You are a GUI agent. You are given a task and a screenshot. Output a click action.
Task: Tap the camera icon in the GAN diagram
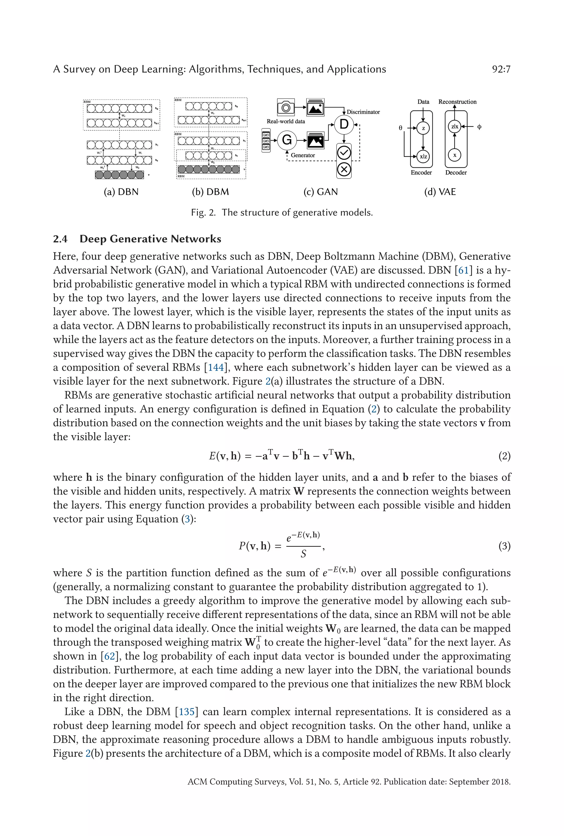(286, 107)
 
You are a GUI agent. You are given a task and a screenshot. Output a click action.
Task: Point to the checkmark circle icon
(344, 153)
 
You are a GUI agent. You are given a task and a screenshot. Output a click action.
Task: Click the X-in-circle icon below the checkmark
(344, 169)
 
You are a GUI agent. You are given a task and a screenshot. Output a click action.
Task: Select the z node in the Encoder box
(423, 128)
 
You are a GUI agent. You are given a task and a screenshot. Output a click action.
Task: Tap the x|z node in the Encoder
(423, 156)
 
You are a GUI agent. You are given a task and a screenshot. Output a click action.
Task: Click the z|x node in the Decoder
(454, 126)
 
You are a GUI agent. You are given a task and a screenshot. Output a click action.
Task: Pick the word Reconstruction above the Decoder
(457, 102)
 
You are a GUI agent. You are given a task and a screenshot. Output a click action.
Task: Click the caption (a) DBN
(121, 192)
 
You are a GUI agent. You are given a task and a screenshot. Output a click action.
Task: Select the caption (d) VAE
(440, 192)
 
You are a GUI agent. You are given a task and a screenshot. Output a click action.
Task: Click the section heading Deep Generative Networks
(150, 239)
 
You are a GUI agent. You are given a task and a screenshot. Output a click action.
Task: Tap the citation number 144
(216, 367)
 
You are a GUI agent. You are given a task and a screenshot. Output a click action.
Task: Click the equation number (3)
(504, 546)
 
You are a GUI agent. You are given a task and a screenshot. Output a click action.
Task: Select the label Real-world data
(286, 121)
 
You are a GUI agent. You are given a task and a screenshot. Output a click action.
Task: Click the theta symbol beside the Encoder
(400, 128)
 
